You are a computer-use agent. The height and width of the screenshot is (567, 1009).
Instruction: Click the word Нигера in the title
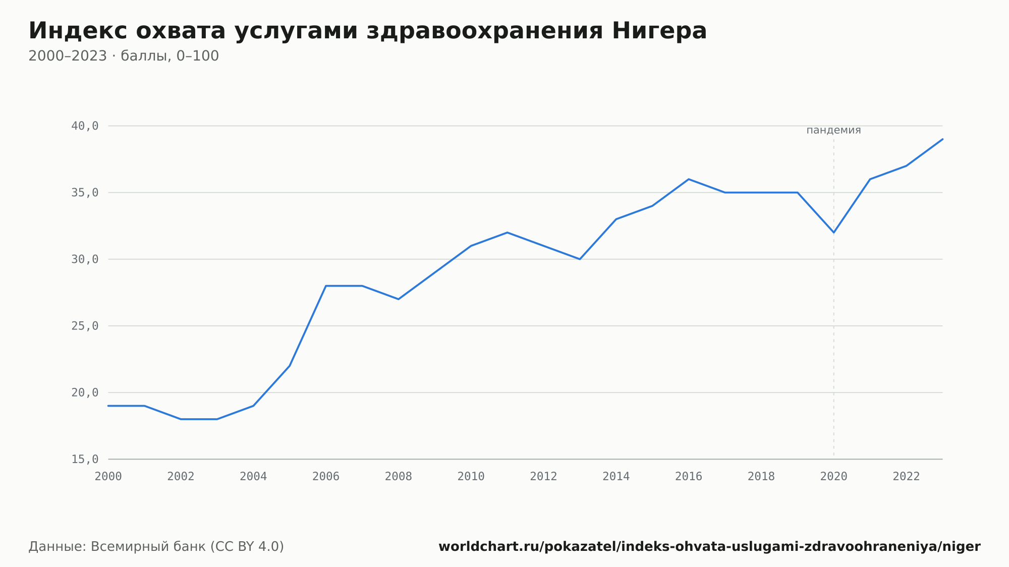click(659, 31)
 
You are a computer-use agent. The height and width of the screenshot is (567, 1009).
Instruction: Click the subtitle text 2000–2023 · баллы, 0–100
click(124, 56)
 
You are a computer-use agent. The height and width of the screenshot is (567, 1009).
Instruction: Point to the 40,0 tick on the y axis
click(85, 126)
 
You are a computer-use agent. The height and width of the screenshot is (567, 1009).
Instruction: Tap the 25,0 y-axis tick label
click(85, 326)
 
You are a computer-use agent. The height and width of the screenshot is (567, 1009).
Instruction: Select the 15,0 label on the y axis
click(85, 459)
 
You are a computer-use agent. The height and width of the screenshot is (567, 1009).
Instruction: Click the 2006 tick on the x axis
click(326, 477)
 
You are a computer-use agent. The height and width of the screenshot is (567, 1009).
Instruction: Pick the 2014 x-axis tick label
click(616, 477)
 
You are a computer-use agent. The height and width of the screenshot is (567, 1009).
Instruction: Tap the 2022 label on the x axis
click(907, 477)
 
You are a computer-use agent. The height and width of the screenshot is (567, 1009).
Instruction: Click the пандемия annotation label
click(833, 130)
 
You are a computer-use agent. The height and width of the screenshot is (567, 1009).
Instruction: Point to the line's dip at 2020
click(833, 233)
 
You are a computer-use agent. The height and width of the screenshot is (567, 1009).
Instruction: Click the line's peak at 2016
click(689, 179)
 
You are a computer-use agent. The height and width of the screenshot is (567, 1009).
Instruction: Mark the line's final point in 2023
click(942, 139)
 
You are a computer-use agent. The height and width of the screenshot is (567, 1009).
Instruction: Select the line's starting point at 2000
click(108, 406)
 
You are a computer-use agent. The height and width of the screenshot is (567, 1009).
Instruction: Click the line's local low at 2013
click(580, 259)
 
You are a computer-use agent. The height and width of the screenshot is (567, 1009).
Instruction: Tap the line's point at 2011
click(507, 233)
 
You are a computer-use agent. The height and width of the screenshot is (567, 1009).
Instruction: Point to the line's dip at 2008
click(399, 299)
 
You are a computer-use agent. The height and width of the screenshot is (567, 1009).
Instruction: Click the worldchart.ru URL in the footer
click(709, 547)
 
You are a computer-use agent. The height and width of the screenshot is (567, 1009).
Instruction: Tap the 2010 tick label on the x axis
click(471, 477)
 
